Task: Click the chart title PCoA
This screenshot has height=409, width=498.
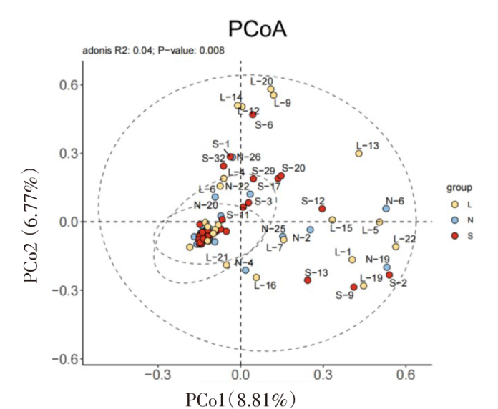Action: point(256,29)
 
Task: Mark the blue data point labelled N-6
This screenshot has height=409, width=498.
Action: point(386,209)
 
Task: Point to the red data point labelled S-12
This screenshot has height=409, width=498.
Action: point(322,209)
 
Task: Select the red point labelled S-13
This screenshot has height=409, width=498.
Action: point(308,280)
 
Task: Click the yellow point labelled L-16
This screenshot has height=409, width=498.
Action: point(256,277)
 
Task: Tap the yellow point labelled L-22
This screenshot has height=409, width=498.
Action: point(396,247)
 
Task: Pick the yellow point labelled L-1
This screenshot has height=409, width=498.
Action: point(352,260)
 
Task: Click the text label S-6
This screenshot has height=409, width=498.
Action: point(264,124)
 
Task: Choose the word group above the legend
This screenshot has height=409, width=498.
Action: point(459,189)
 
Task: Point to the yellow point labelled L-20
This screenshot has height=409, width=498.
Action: point(270,89)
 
